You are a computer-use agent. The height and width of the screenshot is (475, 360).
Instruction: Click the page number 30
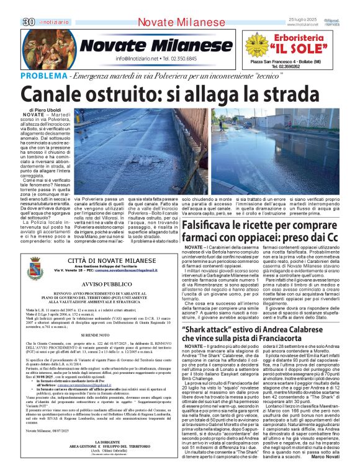pyautogui.click(x=29, y=22)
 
